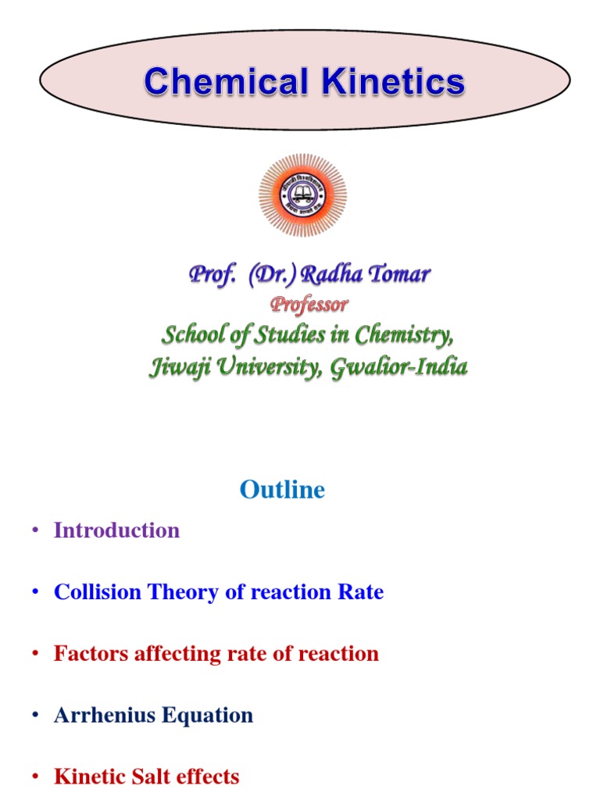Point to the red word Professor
[309, 304]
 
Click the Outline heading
[282, 490]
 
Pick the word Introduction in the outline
[116, 530]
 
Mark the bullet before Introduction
[35, 531]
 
